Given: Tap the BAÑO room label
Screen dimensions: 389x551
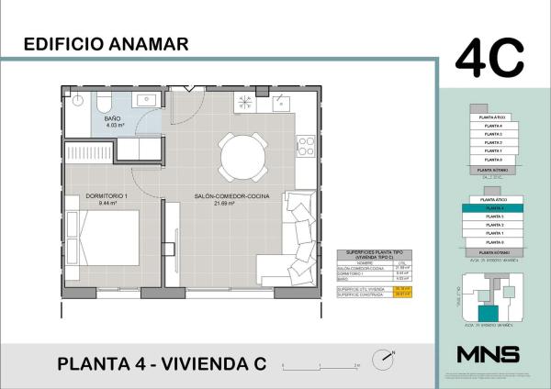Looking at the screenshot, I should (x=113, y=119).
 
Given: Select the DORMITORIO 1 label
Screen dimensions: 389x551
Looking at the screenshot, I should (x=107, y=196).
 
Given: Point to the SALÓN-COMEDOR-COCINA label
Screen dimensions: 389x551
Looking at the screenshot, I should (x=219, y=196).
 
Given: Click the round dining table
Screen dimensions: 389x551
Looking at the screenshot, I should (x=242, y=158).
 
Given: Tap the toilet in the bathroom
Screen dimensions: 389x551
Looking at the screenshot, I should (x=105, y=100).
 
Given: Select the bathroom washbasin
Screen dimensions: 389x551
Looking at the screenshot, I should (x=146, y=98).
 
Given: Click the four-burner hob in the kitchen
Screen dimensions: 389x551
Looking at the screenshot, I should (x=305, y=144).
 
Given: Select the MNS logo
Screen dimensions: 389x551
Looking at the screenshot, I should (x=488, y=354).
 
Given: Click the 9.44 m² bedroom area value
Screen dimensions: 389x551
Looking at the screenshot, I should (x=107, y=204).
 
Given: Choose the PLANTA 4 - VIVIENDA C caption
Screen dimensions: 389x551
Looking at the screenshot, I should (x=161, y=363).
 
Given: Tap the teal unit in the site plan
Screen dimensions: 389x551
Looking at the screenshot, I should (x=493, y=313).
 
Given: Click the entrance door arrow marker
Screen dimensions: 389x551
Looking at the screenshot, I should (x=191, y=89).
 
